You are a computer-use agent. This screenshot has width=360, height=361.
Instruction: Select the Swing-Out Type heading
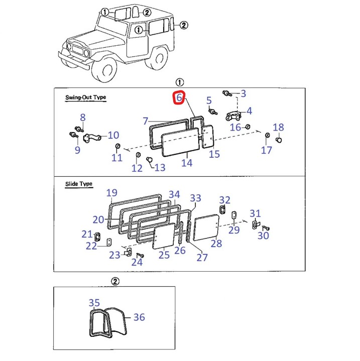click(85, 98)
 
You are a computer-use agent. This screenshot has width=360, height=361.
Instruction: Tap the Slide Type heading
click(79, 184)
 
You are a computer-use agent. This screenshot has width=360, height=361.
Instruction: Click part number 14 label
click(187, 163)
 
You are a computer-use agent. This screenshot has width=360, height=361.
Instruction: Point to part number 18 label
click(278, 128)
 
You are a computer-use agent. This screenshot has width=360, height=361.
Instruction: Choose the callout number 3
click(243, 93)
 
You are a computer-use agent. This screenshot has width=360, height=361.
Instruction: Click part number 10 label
click(113, 135)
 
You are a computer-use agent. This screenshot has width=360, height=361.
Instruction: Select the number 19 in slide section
click(111, 193)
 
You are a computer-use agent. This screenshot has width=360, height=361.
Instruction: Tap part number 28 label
click(216, 244)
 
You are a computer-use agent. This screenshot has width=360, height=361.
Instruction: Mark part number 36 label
click(139, 317)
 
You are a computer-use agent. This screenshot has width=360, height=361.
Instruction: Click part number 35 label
click(94, 303)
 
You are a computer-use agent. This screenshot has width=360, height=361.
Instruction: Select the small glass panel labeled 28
click(206, 226)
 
